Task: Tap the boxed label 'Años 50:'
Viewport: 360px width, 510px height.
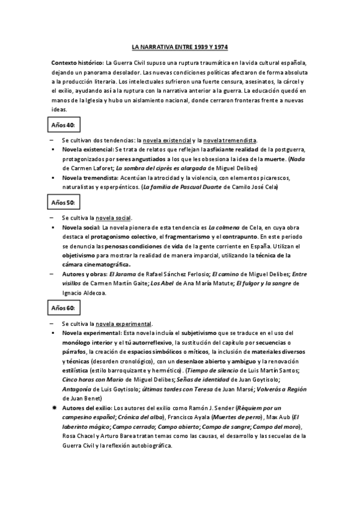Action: point(63,202)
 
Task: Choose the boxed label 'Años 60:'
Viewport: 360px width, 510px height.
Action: point(63,308)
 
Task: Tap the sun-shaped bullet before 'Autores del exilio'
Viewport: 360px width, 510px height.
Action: point(54,408)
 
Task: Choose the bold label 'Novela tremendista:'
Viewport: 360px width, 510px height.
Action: point(88,177)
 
